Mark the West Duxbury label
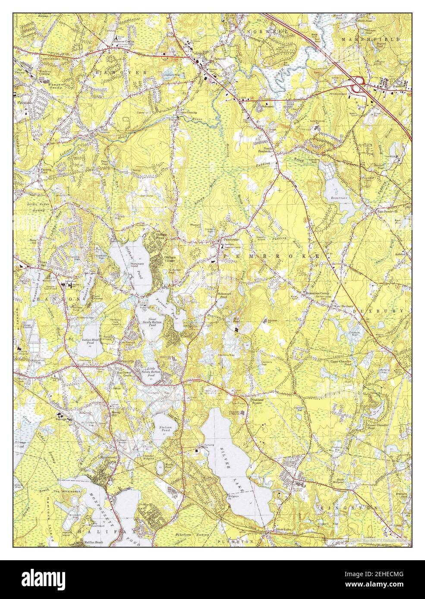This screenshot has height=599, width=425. [x=341, y=306]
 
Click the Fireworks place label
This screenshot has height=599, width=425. [x=25, y=103]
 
